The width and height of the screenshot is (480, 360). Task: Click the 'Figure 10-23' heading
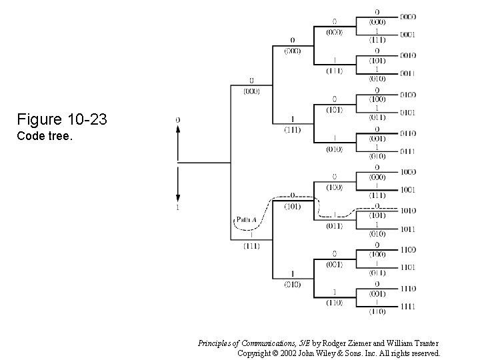pyautogui.click(x=62, y=120)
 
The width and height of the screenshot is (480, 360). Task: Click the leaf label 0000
pyautogui.click(x=409, y=16)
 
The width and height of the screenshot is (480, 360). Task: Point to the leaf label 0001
pyautogui.click(x=409, y=35)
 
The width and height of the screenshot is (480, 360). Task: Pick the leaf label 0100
pyautogui.click(x=409, y=95)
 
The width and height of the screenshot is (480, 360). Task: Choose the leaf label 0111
pyautogui.click(x=409, y=151)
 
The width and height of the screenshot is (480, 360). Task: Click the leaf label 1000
pyautogui.click(x=409, y=171)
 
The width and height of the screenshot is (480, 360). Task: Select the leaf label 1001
pyautogui.click(x=409, y=190)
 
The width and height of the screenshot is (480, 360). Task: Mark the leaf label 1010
pyautogui.click(x=409, y=210)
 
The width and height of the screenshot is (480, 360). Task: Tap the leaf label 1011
pyautogui.click(x=409, y=229)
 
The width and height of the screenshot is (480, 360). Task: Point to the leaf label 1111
pyautogui.click(x=409, y=307)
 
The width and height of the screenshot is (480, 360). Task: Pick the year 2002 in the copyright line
pyautogui.click(x=287, y=353)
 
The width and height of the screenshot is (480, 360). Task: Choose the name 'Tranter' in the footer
pyautogui.click(x=424, y=343)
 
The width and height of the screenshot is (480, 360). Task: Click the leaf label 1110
pyautogui.click(x=409, y=288)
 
